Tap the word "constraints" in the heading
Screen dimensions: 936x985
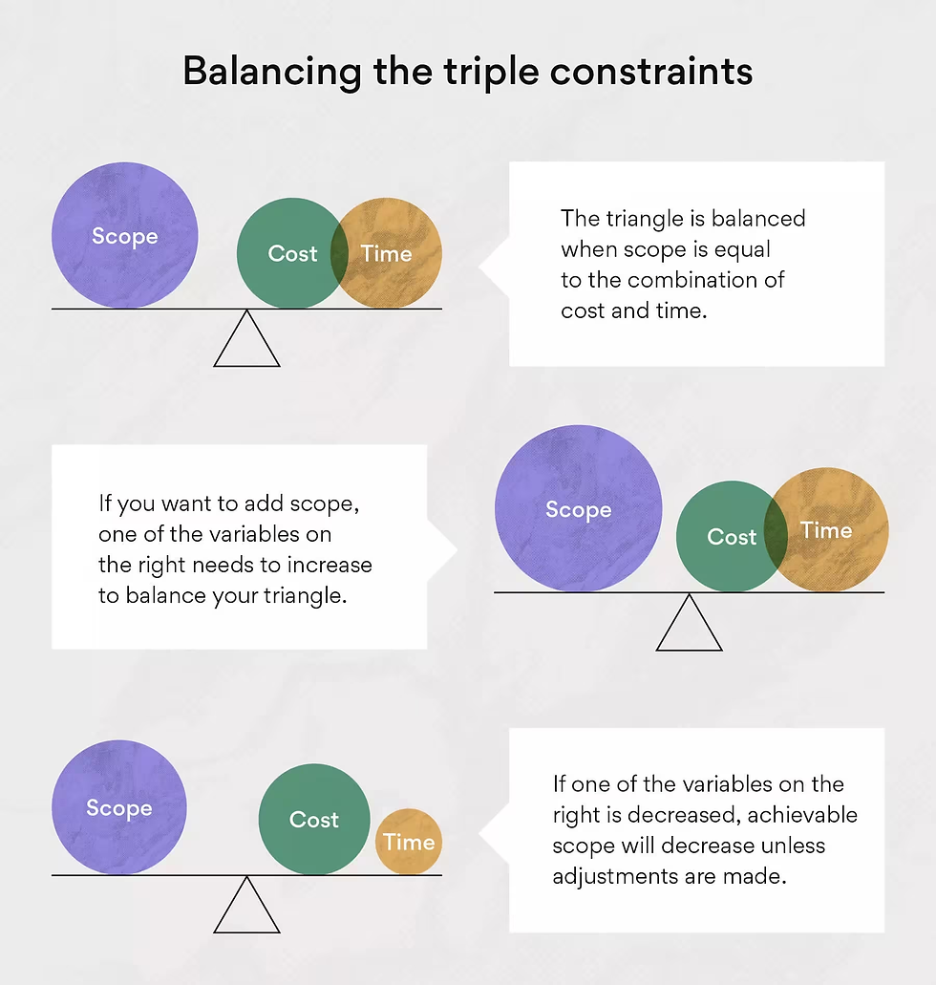pos(650,71)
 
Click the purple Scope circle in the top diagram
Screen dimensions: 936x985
pos(125,236)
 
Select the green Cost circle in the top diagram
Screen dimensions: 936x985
pos(292,253)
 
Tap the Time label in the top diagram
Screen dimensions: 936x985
pos(386,253)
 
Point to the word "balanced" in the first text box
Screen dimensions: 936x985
pos(758,218)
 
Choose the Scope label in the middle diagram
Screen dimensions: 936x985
pos(579,509)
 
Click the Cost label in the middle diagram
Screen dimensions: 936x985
pos(732,537)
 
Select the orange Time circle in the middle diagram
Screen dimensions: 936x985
pos(827,529)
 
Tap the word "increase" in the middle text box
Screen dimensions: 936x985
pos(330,565)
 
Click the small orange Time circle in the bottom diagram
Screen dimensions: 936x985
pos(409,842)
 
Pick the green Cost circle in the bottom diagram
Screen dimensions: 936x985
pos(314,819)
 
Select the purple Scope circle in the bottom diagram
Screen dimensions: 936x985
pos(119,807)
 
